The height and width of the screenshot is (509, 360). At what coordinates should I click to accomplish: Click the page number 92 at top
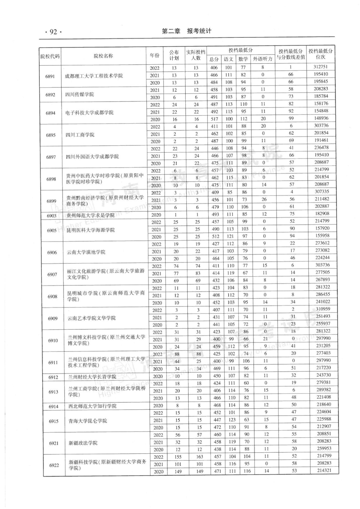(53, 32)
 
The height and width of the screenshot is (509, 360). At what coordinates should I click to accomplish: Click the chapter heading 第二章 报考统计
(186, 31)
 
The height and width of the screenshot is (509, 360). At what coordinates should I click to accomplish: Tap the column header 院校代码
(50, 56)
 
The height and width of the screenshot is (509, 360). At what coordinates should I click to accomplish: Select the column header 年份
(154, 55)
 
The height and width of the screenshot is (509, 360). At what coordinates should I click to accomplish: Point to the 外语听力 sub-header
(262, 59)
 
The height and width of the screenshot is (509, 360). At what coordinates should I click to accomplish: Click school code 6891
(50, 76)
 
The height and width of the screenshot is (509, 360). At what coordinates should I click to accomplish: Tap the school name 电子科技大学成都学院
(89, 113)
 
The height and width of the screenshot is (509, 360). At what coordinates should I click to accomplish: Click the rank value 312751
(320, 67)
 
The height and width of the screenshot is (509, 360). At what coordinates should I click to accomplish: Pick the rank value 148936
(321, 118)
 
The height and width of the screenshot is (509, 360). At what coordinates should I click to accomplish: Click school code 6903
(51, 216)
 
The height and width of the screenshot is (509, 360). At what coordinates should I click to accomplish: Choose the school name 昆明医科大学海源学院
(90, 230)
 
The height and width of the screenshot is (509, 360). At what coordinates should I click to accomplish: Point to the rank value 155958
(322, 235)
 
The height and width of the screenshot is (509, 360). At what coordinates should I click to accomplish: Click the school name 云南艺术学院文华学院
(91, 318)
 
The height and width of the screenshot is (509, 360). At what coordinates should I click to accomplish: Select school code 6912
(53, 377)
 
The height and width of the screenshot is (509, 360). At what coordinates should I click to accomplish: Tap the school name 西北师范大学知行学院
(92, 406)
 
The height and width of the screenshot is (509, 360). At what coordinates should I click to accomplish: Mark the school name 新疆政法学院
(83, 443)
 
